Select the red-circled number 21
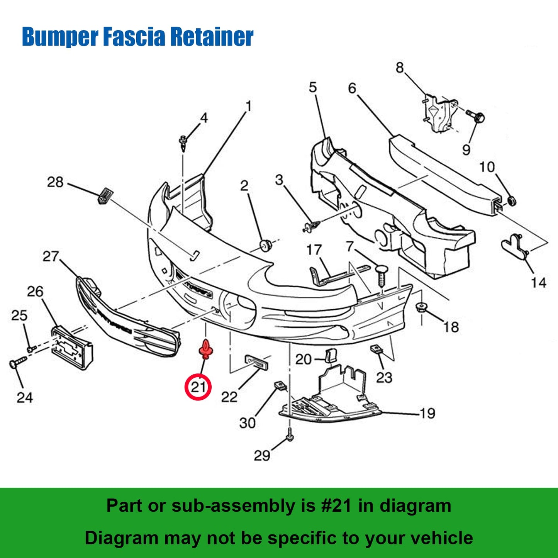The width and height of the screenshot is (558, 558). click(x=198, y=387)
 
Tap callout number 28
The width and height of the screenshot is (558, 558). click(x=55, y=182)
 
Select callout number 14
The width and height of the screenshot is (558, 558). click(x=538, y=283)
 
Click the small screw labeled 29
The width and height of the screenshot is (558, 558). click(x=290, y=437)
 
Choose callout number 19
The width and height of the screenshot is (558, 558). click(x=427, y=414)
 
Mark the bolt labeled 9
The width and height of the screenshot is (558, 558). click(x=476, y=115)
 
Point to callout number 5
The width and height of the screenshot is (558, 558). click(x=312, y=88)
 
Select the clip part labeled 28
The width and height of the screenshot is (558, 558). click(x=103, y=195)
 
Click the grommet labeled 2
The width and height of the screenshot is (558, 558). click(x=265, y=245)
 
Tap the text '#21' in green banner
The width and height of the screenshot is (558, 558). click(x=336, y=505)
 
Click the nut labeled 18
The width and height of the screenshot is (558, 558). click(x=421, y=307)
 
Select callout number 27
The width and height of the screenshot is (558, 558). click(x=51, y=256)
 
